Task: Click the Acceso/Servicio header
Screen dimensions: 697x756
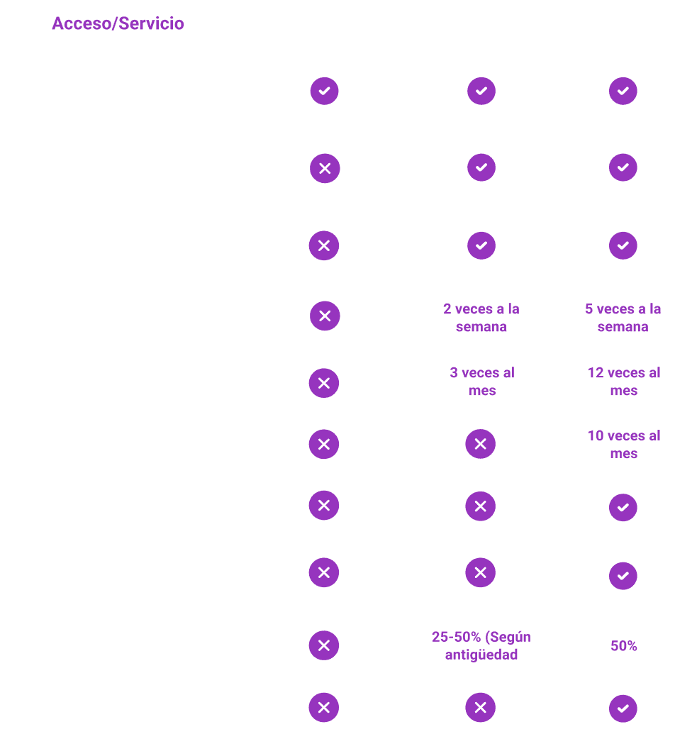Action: pyautogui.click(x=118, y=24)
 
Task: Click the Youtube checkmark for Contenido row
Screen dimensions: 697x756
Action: pyautogui.click(x=324, y=91)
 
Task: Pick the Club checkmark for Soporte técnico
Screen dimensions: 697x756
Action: pyautogui.click(x=481, y=245)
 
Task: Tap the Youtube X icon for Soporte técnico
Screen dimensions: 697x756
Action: pyautogui.click(x=324, y=245)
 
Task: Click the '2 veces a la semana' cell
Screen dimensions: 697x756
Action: pyautogui.click(x=481, y=318)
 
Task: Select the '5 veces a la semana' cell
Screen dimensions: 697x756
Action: pyautogui.click(x=623, y=318)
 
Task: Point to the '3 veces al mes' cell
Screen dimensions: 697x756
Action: pyautogui.click(x=482, y=382)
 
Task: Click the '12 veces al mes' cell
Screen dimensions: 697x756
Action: pyautogui.click(x=624, y=382)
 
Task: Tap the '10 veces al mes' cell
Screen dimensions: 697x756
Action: pyautogui.click(x=624, y=444)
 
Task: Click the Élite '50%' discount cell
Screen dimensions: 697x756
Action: pyautogui.click(x=624, y=646)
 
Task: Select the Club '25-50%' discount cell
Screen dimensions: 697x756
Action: pyautogui.click(x=481, y=646)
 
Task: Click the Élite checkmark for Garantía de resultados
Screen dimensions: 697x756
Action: pyautogui.click(x=623, y=708)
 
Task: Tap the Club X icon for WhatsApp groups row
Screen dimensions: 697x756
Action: pyautogui.click(x=481, y=572)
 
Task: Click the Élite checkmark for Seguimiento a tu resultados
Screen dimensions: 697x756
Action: pyautogui.click(x=623, y=508)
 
